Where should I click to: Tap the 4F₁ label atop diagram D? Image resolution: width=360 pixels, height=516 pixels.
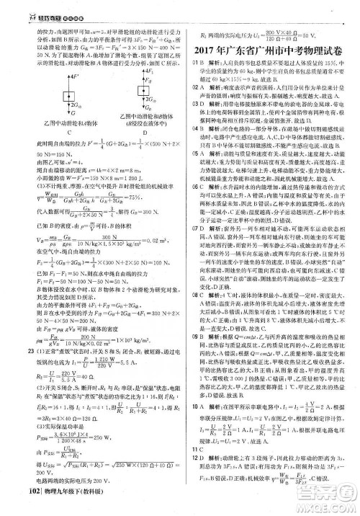coord(148,70)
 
